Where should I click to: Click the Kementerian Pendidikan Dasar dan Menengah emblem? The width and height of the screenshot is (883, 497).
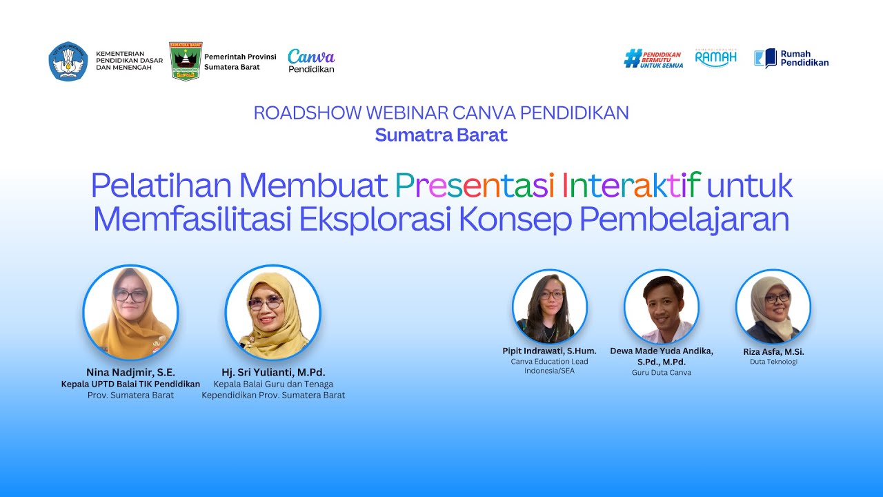tap(68, 61)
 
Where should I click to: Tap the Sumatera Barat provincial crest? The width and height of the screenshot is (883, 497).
tap(185, 61)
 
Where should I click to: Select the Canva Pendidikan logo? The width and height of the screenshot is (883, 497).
tap(311, 61)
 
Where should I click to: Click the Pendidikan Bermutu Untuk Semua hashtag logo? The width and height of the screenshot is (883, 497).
tap(653, 59)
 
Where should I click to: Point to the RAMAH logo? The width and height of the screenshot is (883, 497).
tap(715, 58)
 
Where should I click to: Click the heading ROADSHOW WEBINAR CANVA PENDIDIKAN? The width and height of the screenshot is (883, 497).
tap(441, 113)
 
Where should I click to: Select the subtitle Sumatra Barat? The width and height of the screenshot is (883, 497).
tap(441, 135)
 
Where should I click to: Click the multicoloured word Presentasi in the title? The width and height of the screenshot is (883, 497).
tap(475, 185)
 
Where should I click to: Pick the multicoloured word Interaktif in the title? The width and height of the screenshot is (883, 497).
tap(631, 185)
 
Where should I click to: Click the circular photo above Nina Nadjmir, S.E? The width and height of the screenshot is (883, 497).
tap(130, 313)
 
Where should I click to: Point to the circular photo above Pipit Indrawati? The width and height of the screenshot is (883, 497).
tap(550, 306)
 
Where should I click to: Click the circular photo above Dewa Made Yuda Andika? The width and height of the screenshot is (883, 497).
tap(662, 306)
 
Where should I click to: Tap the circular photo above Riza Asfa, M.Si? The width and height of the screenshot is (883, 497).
tap(773, 306)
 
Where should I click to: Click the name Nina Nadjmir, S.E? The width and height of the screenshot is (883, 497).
tap(130, 373)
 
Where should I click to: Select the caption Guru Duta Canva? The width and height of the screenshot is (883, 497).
tap(662, 373)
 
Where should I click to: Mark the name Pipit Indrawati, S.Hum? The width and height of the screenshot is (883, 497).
tap(550, 351)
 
